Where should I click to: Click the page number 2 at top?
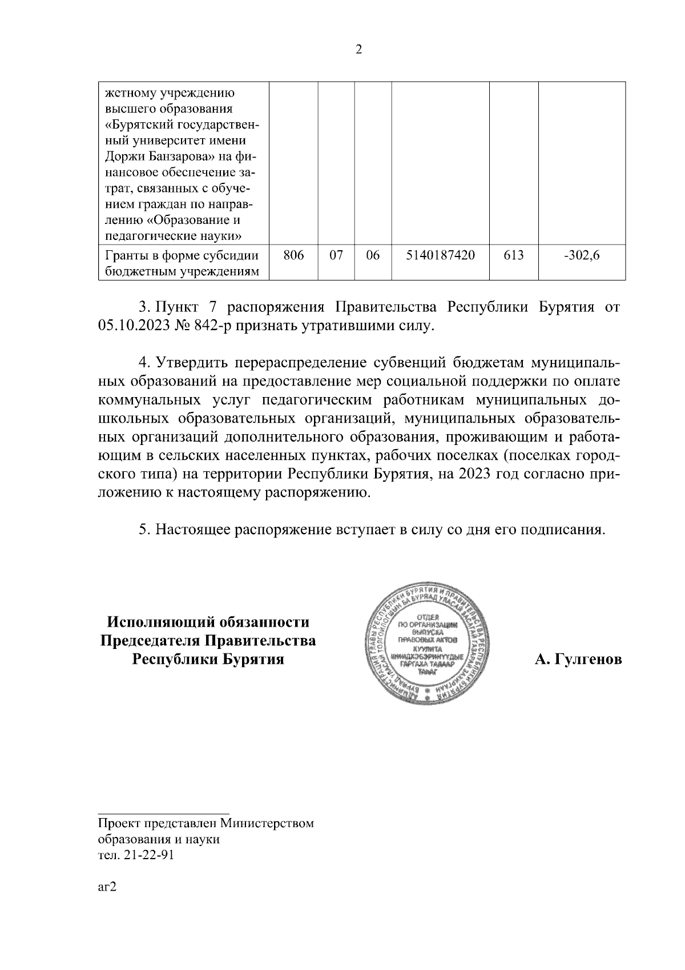[358, 50]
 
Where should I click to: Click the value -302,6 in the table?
[582, 256]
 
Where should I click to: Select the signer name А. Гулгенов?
[578, 660]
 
